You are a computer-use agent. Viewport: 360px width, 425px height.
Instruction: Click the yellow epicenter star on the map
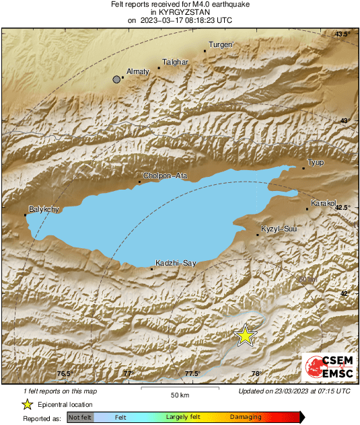[246, 336]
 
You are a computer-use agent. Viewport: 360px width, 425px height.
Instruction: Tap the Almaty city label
[138, 71]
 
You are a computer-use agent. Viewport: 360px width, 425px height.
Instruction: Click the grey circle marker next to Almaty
[117, 79]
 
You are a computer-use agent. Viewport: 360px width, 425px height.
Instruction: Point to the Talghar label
[174, 62]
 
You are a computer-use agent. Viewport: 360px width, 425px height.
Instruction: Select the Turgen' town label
[221, 44]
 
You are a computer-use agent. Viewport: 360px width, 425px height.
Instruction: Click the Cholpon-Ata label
[164, 176]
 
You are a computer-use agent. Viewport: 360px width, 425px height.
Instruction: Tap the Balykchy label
[44, 209]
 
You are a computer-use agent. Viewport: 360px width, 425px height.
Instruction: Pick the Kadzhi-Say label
[175, 263]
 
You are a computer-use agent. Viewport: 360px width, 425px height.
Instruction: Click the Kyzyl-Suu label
[279, 229]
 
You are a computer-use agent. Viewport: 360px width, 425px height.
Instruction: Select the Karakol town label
[322, 203]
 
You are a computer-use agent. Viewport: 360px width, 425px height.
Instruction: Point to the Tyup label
[315, 163]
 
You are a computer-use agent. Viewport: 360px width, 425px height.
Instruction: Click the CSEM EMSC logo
[325, 367]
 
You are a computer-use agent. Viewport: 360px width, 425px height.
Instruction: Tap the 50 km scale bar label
[178, 394]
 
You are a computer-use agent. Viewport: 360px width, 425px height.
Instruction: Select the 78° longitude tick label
[255, 374]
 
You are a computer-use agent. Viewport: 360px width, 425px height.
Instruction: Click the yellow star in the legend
[27, 404]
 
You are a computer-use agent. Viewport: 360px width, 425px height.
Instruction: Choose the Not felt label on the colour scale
[80, 418]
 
